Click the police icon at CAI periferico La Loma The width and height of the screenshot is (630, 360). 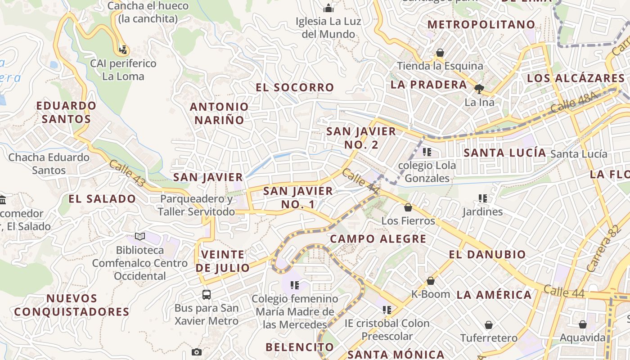pos(123,49)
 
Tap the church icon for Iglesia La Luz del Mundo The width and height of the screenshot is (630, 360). pos(329,8)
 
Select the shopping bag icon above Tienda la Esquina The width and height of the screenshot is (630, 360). pos(440,53)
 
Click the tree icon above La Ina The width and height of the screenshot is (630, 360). pos(479,89)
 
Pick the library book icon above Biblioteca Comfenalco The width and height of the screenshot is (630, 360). pos(140,236)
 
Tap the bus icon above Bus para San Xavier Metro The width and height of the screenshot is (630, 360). pos(207,295)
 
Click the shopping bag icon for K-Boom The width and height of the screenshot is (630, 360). pos(431,281)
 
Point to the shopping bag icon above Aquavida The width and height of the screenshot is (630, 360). pos(583,324)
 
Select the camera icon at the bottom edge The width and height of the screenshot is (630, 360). pos(196,352)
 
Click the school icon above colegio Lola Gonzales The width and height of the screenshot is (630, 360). pos(427,152)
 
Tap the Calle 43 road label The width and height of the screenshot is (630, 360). pos(127,173)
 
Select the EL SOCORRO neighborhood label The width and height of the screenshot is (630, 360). pos(295,87)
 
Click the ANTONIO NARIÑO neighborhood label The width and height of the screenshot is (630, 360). pos(219,113)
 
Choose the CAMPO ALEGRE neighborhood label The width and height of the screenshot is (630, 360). pos(378,238)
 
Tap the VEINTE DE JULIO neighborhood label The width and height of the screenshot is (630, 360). pos(223,261)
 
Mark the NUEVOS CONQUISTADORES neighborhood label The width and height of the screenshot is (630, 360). pos(72,305)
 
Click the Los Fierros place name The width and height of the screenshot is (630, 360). pos(408,221)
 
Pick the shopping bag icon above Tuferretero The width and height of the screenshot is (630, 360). pos(489,324)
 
